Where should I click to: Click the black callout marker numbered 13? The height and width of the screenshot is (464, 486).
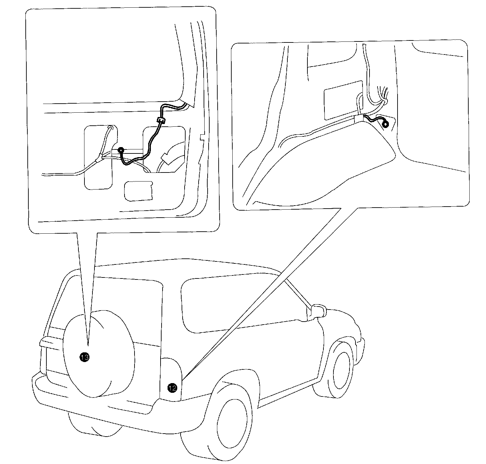pyautogui.click(x=84, y=357)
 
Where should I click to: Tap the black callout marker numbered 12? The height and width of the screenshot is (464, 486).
pyautogui.click(x=172, y=388)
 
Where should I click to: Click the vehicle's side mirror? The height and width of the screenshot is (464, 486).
pyautogui.click(x=318, y=311)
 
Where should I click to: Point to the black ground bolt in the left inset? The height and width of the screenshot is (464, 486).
pyautogui.click(x=121, y=150)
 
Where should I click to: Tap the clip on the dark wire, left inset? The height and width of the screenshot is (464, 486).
pyautogui.click(x=161, y=121)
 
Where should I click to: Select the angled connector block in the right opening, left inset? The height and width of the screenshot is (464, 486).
pyautogui.click(x=165, y=159)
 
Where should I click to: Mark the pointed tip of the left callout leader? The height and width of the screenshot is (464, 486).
pyautogui.click(x=88, y=345)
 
